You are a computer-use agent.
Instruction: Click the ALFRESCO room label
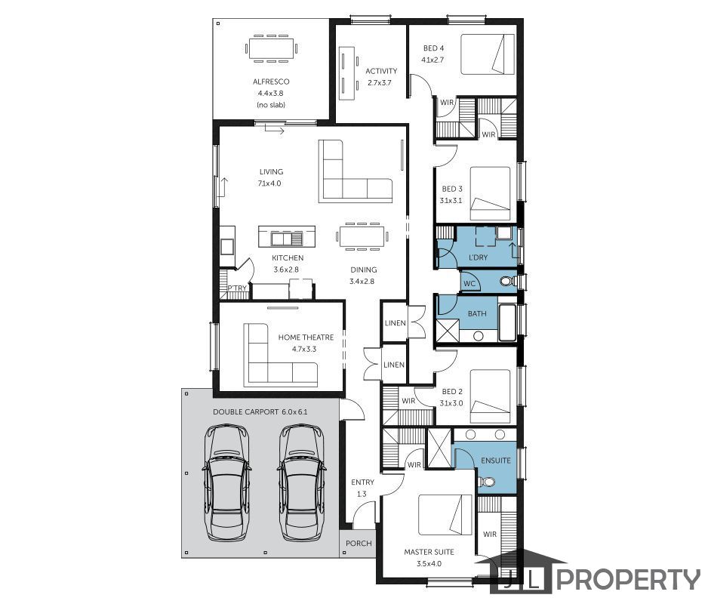pyautogui.click(x=271, y=82)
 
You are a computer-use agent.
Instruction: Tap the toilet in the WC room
pyautogui.click(x=508, y=282)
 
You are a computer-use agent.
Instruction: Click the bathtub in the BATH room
pyautogui.click(x=507, y=322)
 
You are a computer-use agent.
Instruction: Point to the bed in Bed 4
pyautogui.click(x=488, y=54)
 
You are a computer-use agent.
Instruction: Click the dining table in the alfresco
pyautogui.click(x=271, y=48)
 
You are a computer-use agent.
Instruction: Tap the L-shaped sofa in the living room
pyautogui.click(x=356, y=171)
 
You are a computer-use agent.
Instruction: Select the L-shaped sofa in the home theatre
pyautogui.click(x=280, y=355)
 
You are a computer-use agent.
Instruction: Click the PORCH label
pyautogui.click(x=359, y=543)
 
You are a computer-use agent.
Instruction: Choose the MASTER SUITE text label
pyautogui.click(x=429, y=552)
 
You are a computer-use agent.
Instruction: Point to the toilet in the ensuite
pyautogui.click(x=486, y=482)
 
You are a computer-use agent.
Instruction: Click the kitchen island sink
pyautogui.click(x=286, y=238)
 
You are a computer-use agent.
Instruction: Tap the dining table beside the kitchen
pyautogui.click(x=362, y=236)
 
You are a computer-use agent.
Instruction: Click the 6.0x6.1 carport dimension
pyautogui.click(x=294, y=412)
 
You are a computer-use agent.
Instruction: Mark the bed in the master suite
pyautogui.click(x=445, y=515)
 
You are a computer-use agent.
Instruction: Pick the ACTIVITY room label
pyautogui.click(x=381, y=71)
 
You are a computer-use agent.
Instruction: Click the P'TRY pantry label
pyautogui.click(x=237, y=288)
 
